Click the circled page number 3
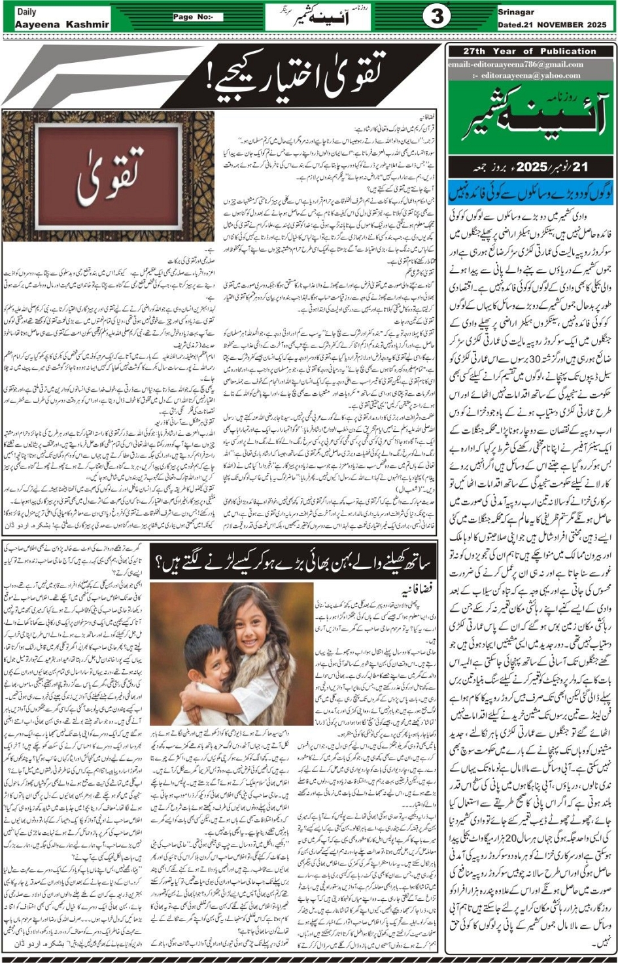click(436, 17)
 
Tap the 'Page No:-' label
click(193, 17)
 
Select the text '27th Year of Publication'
click(530, 51)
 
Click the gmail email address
click(515, 64)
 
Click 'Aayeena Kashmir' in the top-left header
click(62, 24)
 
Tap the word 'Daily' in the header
click(27, 12)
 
